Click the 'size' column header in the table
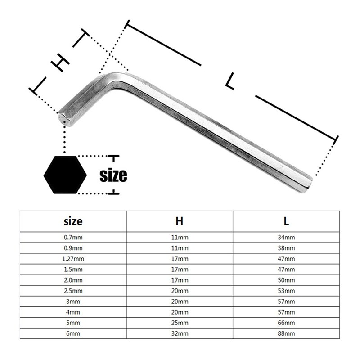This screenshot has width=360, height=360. click(73, 221)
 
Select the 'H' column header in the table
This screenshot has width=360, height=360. click(179, 221)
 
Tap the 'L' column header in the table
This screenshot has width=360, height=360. click(286, 221)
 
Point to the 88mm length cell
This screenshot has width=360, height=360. click(286, 334)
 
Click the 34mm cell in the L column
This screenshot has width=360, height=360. click(286, 237)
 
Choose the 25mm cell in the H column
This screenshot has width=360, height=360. click(179, 324)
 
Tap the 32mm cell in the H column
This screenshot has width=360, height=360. click(179, 334)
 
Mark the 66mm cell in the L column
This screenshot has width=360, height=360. click(286, 324)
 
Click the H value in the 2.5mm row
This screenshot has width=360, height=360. click(179, 291)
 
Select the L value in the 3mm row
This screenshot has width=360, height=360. click(286, 302)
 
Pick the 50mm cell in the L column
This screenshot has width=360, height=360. click(286, 280)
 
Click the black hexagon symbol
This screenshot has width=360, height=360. click(65, 175)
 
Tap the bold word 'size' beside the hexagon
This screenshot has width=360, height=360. click(113, 175)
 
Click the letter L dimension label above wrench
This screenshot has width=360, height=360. click(230, 81)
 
